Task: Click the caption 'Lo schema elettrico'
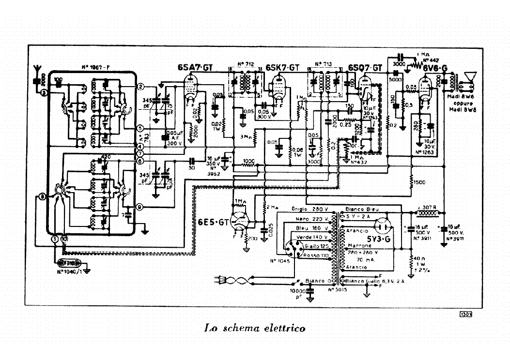pyautogui.click(x=254, y=329)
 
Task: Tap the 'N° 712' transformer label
pyautogui.click(x=247, y=64)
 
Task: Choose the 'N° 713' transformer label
pyautogui.click(x=323, y=64)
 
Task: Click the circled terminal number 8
pyautogui.click(x=42, y=196)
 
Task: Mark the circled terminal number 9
pyautogui.click(x=140, y=207)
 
